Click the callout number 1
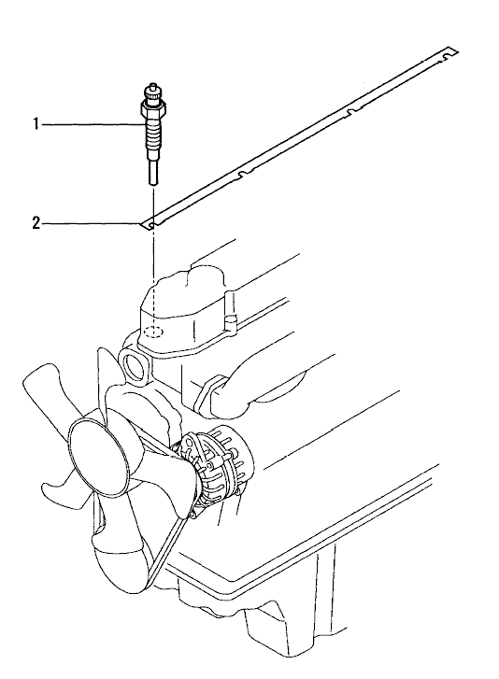[x=36, y=125]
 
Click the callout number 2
[x=36, y=224]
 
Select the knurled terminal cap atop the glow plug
[x=152, y=92]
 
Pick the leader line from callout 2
[x=93, y=224]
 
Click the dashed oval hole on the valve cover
[x=152, y=332]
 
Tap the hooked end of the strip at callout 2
[x=149, y=225]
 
